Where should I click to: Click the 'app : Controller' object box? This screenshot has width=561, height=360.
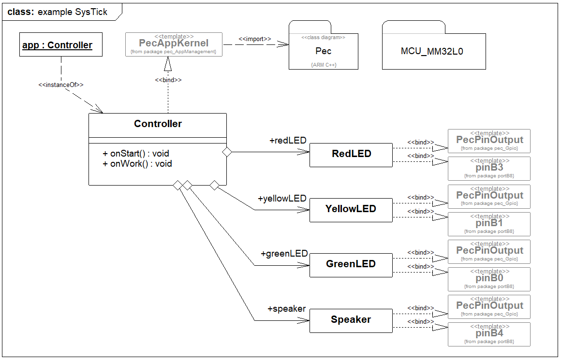point(57,45)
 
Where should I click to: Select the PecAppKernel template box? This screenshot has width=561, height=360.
point(174,44)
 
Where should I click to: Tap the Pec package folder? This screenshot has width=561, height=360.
point(324,51)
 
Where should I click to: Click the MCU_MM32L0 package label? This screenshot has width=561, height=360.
point(432,51)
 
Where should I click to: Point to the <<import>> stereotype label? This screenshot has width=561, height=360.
point(254,39)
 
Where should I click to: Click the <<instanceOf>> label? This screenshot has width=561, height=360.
point(61,85)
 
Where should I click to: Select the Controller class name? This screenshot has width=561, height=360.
point(158,124)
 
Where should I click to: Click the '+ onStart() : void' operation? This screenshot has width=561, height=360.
point(136,154)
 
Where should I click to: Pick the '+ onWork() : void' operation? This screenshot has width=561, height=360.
point(137,164)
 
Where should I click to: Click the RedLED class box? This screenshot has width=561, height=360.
point(351,155)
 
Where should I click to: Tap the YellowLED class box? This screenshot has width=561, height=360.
point(351,210)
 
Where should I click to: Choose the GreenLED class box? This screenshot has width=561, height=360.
point(351,265)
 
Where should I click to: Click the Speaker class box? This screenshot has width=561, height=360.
point(351,320)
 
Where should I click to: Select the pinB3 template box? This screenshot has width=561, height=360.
point(489,168)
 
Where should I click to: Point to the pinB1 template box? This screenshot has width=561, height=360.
point(489,224)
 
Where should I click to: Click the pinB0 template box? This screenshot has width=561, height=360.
point(489,279)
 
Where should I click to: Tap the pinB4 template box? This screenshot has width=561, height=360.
point(489,334)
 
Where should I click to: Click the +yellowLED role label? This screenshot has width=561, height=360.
point(282,199)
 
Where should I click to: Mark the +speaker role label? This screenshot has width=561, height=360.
point(286,309)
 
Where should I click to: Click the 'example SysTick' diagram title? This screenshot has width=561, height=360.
point(73,12)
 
